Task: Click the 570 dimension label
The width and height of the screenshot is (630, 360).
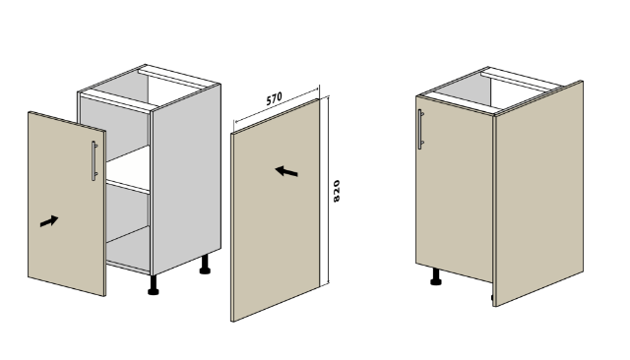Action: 275,98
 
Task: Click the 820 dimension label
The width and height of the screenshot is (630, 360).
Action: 337,191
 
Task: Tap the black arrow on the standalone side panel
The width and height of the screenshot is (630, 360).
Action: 286,171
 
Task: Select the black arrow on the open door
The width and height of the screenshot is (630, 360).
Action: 49,221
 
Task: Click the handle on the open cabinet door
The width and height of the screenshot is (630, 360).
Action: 94,160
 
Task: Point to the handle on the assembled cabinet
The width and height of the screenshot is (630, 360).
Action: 420,129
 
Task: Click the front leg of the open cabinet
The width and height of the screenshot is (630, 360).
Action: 154,285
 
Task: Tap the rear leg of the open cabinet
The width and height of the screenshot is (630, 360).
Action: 205,265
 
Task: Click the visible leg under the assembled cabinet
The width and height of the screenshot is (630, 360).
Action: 435,277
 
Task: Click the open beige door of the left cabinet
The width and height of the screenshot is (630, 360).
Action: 67,204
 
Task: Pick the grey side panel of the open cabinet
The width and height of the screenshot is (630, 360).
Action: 186,179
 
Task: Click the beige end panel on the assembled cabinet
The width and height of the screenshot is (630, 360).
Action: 539,193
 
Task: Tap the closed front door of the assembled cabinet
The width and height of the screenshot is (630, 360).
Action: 455,189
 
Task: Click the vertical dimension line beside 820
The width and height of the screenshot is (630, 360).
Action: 328,190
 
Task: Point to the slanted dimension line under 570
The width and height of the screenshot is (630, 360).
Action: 277,105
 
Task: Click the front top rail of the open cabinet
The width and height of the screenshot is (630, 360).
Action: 116,100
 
